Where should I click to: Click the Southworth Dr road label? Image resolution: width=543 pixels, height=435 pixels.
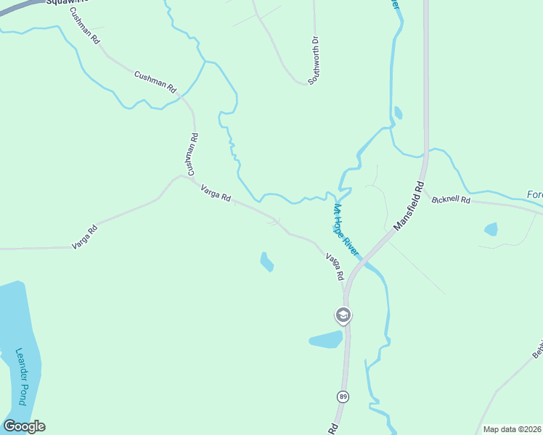314,61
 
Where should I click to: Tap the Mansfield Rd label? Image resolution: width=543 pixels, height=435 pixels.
408,207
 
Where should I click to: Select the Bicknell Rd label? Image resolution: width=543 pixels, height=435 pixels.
451,199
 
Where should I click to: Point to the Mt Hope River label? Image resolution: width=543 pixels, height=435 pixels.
346,229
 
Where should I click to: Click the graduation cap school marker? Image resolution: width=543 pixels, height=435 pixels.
343,315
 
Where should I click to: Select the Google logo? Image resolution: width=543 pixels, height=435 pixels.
24,426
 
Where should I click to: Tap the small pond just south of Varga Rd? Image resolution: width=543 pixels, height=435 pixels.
266,261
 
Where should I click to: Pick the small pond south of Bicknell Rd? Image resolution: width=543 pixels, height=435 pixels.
491,230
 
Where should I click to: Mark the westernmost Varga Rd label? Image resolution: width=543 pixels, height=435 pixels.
84,238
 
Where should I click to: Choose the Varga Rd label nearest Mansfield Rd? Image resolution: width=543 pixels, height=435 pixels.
335,267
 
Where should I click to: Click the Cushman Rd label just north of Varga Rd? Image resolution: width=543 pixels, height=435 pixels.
192,154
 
